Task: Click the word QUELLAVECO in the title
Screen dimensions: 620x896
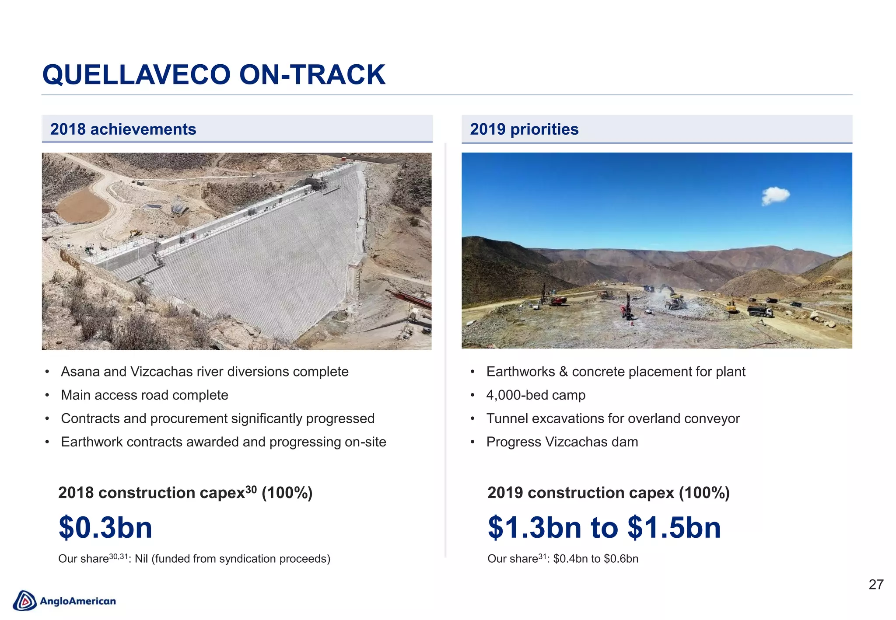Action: pyautogui.click(x=136, y=75)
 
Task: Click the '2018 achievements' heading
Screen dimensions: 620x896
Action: pyautogui.click(x=123, y=129)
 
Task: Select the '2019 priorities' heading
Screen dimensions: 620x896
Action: pyautogui.click(x=524, y=129)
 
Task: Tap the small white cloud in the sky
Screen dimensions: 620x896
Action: pyautogui.click(x=775, y=195)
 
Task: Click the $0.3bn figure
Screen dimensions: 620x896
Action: pyautogui.click(x=105, y=527)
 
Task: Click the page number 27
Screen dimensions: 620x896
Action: pyautogui.click(x=876, y=585)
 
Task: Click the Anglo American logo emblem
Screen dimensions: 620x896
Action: pyautogui.click(x=24, y=601)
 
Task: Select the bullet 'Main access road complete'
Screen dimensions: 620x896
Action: pyautogui.click(x=144, y=395)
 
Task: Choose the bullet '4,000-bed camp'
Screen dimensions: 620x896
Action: pyautogui.click(x=535, y=395)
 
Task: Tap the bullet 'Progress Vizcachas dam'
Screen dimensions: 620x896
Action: pyautogui.click(x=562, y=442)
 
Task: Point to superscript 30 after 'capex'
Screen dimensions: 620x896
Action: pyautogui.click(x=251, y=489)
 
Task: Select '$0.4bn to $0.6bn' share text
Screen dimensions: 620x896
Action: pyautogui.click(x=595, y=559)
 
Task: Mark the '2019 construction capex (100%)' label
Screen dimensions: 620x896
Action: pyautogui.click(x=608, y=493)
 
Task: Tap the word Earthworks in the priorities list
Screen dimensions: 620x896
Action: pyautogui.click(x=520, y=372)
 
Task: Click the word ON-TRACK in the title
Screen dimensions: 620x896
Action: pyautogui.click(x=312, y=75)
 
